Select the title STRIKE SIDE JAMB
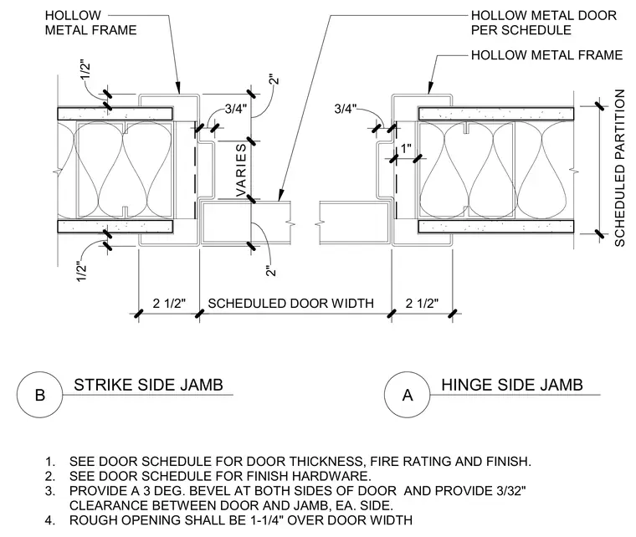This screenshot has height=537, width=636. point(148,385)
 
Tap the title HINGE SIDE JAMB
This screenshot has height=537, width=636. point(512,385)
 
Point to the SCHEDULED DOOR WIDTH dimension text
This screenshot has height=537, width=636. point(291,303)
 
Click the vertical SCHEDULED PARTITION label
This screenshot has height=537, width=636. point(619,168)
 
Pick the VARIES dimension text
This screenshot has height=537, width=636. point(241,171)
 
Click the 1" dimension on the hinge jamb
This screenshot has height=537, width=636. point(406,149)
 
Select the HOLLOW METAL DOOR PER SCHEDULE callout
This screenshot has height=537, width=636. point(543,23)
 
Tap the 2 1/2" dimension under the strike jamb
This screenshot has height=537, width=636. point(169,303)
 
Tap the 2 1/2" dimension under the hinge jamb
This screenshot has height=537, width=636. point(423,303)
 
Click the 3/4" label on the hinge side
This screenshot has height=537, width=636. point(346,109)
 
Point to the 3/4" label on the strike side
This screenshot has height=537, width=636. point(236,109)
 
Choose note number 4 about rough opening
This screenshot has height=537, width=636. point(228,520)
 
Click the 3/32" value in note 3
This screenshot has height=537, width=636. point(511,491)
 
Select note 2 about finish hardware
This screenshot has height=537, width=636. point(208,476)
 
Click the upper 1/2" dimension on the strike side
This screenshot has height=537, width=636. point(85,71)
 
